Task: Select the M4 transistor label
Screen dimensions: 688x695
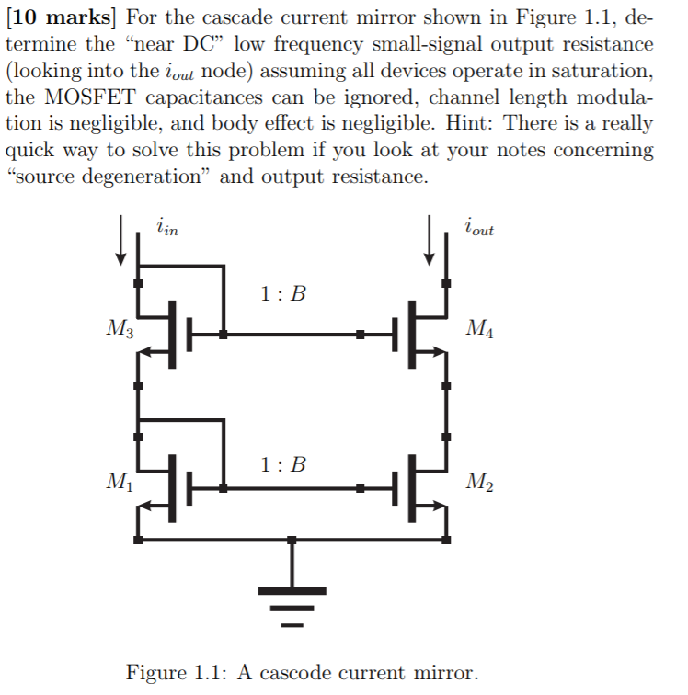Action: coord(481,327)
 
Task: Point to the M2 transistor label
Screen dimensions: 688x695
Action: coord(481,480)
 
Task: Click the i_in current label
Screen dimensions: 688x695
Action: coord(166,226)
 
